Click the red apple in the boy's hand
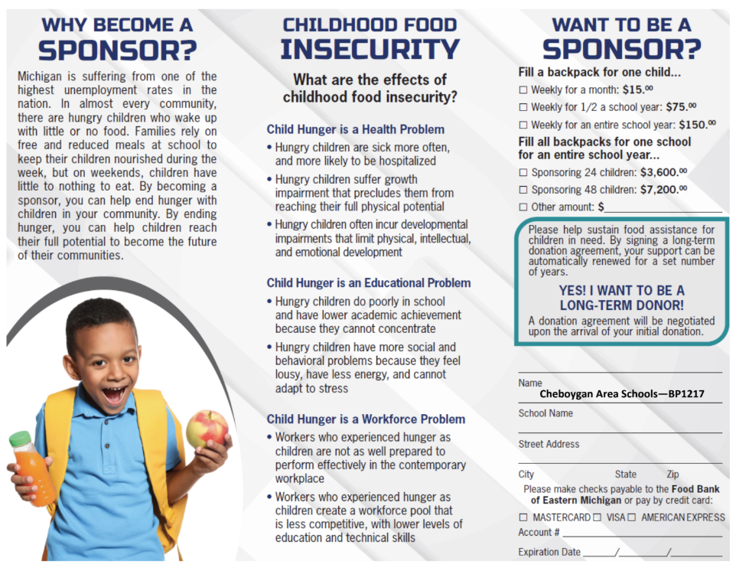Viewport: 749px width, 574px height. click(x=207, y=429)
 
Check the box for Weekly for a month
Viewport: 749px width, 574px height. click(x=523, y=90)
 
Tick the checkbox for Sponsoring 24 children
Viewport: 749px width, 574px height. click(x=523, y=173)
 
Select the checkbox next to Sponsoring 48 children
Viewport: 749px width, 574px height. click(x=523, y=190)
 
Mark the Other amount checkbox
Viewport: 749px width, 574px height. click(x=523, y=207)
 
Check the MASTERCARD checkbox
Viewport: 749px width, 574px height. click(x=523, y=517)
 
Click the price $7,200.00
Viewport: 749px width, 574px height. click(x=663, y=189)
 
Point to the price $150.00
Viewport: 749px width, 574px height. click(x=698, y=124)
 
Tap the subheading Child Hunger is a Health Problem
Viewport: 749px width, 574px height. click(x=355, y=129)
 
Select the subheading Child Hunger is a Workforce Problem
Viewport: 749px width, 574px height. click(x=366, y=419)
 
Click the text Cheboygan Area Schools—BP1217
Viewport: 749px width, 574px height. click(x=621, y=395)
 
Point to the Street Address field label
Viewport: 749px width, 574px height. click(x=549, y=444)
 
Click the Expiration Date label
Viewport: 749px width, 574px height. click(x=549, y=552)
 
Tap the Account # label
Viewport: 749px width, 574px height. click(x=539, y=533)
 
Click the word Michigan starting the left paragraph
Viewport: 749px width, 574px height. click(x=39, y=77)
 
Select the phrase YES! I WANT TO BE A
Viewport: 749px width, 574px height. click(x=621, y=291)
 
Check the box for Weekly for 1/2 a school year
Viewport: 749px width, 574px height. click(x=523, y=108)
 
